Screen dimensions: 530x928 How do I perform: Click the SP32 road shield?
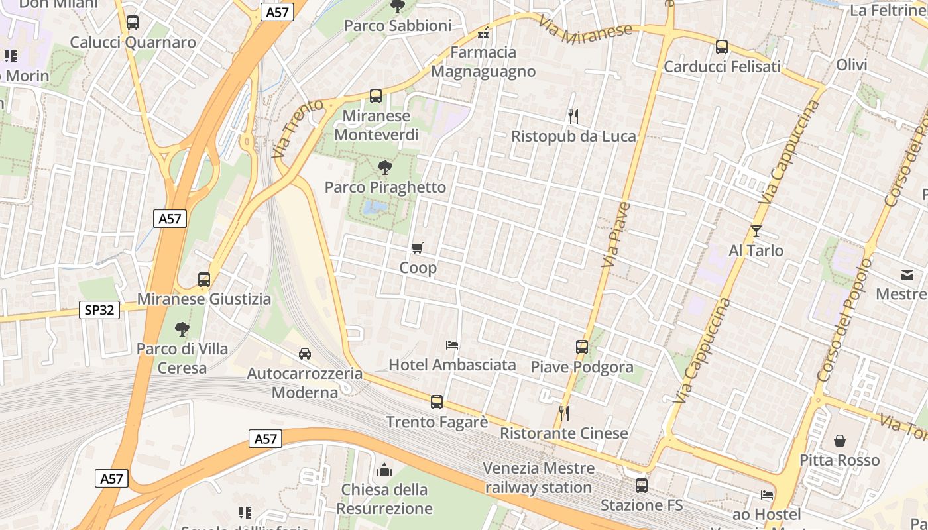coord(99,309)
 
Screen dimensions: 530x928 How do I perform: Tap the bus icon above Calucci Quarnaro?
coord(133,23)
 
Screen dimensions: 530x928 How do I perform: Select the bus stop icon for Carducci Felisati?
coord(722,47)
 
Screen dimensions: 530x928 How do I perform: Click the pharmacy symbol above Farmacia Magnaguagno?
coord(483,32)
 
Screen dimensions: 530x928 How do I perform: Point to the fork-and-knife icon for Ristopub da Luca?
coord(573,117)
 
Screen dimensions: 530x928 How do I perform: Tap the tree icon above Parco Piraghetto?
coord(384,168)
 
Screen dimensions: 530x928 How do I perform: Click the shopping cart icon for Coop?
coord(418,248)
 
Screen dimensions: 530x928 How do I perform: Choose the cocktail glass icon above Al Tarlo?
coord(756,231)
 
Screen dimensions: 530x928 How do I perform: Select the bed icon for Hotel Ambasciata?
coord(452,345)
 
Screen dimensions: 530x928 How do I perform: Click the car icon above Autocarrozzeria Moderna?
coord(305,353)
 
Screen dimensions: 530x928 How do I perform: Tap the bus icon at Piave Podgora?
coord(581,347)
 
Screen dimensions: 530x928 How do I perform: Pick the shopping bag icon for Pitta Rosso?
coord(839,441)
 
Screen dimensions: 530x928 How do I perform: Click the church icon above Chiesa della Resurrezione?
coord(384,470)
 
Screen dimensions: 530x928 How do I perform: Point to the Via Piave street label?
coord(615,235)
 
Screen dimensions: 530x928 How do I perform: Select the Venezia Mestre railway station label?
coord(538,478)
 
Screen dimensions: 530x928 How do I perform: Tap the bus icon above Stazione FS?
coord(641,486)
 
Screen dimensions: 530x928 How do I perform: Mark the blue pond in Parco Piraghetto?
coord(375,209)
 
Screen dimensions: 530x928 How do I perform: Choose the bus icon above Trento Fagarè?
coord(436,401)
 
